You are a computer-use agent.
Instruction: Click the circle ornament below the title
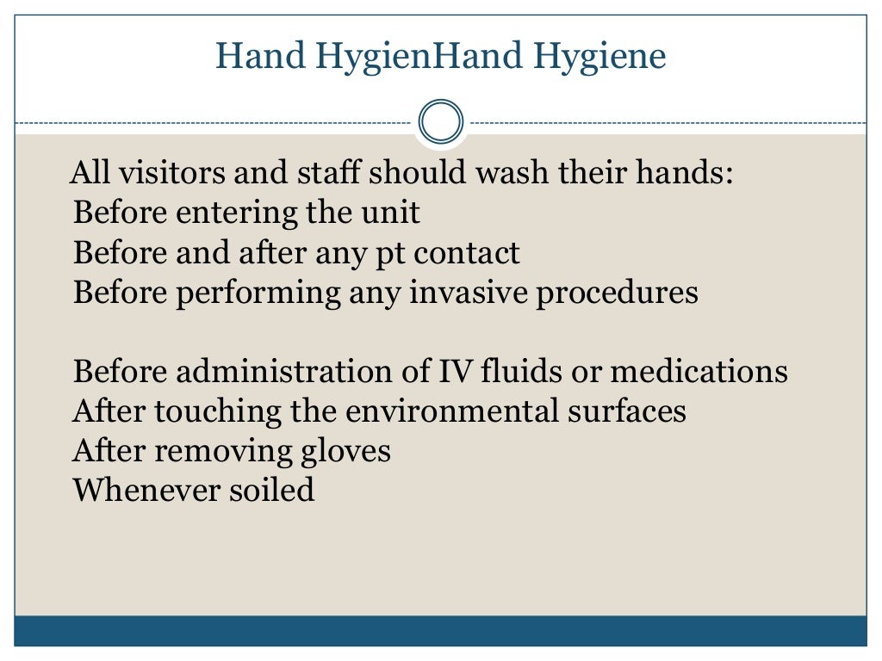coord(441,121)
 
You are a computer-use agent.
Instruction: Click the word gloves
coord(346,451)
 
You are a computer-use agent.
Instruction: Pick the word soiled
coord(270,490)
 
